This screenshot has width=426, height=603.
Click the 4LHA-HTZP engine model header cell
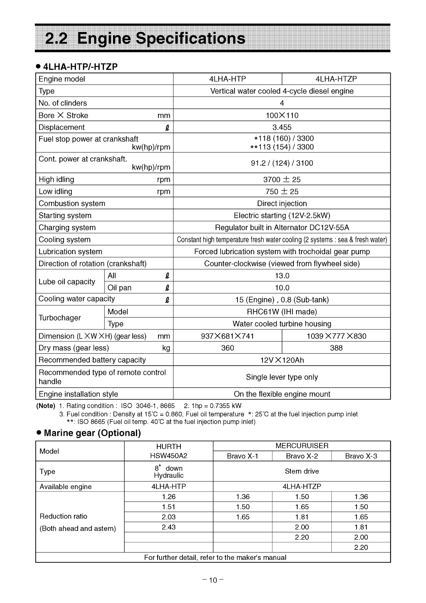[336, 79]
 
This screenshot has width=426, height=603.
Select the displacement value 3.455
[282, 127]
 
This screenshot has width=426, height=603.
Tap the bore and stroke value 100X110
[282, 116]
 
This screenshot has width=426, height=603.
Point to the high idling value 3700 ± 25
[282, 180]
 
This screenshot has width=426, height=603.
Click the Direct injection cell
[282, 204]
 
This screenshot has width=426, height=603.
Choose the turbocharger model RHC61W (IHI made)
[282, 312]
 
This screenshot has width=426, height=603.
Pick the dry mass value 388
[336, 348]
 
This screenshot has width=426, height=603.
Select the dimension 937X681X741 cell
[228, 336]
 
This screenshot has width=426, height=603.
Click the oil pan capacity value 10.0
[282, 288]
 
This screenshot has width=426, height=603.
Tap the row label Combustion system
[72, 204]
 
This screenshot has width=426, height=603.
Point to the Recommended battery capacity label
[92, 360]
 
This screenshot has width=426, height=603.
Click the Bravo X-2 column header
[302, 456]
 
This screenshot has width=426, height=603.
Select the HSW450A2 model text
[169, 456]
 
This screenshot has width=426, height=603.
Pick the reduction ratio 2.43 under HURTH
[169, 527]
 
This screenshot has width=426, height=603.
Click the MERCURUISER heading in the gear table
[302, 446]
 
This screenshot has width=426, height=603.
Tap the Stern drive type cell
[302, 471]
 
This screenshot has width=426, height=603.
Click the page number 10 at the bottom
[213, 581]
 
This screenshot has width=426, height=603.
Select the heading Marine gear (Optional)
[92, 433]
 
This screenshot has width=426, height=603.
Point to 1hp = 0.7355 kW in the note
[212, 406]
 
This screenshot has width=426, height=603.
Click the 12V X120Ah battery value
[282, 360]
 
